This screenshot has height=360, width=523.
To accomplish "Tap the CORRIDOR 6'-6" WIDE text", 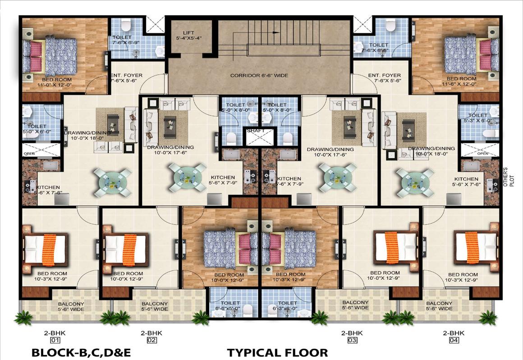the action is pos(259,75).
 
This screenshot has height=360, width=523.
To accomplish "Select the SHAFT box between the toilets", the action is pos(260,137).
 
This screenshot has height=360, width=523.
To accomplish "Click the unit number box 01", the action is pos(55,340).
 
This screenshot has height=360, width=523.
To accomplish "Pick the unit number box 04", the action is pos(454,340).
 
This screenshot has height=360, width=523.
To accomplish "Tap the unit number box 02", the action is pos(152,340).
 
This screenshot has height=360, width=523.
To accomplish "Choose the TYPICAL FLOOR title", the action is pos(277,353).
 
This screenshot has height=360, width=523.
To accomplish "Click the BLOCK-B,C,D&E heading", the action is pos(81,353).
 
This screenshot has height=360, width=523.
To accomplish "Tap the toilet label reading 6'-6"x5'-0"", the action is pos(230,305).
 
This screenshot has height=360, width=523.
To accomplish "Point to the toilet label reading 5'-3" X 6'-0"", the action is pos(478,118).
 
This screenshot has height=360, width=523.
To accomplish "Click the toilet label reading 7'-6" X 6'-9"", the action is pos(122,40).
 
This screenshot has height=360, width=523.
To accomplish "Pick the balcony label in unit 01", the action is pos(71,307).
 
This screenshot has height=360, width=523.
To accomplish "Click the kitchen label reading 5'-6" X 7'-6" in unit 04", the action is pos(466,182).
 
